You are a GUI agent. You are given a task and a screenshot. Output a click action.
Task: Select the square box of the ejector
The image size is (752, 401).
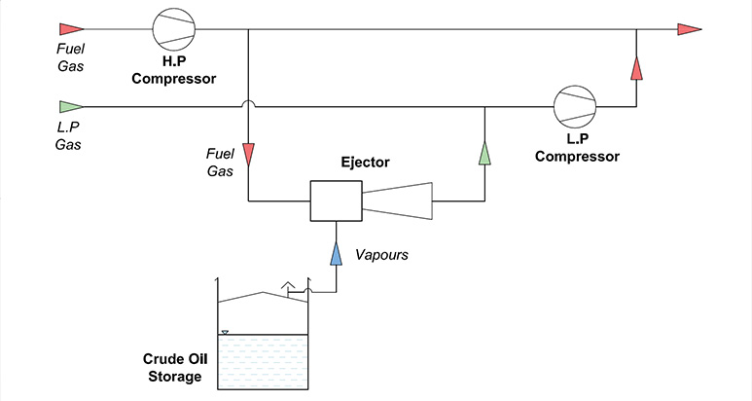pos(335,201)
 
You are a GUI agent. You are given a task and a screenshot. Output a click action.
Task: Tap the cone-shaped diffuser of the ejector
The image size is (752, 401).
pos(396,201)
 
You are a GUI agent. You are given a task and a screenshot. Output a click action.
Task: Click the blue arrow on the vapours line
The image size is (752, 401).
pos(335,255)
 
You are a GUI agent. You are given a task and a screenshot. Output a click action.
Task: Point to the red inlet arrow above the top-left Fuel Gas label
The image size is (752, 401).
pos(71,28)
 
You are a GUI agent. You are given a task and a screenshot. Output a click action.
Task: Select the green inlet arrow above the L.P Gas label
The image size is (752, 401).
pos(71,106)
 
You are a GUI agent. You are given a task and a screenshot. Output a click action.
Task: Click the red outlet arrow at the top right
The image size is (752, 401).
pos(690,28)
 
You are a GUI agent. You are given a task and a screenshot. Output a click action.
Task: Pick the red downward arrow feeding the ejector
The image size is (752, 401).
pos(249,154)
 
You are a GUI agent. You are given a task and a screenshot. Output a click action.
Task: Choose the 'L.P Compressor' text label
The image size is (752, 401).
pos(576,148)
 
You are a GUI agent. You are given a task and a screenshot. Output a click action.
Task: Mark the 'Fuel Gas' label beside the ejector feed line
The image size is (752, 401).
pos(219,161)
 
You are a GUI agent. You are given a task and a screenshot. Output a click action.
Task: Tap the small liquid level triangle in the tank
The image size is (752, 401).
pos(225,332)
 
